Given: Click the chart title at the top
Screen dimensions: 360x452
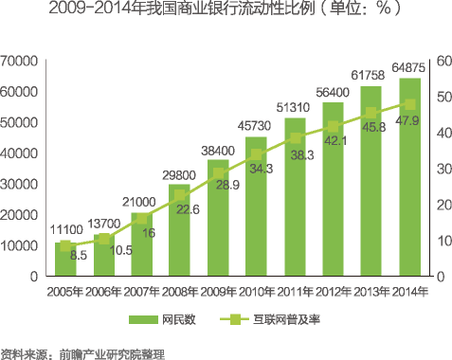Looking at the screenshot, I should click(x=226, y=11).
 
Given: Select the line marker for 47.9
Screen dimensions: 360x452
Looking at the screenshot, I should click(x=409, y=105).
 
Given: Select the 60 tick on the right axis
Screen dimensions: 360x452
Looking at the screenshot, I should click(x=439, y=62).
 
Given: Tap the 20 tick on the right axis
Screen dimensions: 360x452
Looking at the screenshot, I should click(x=439, y=205).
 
